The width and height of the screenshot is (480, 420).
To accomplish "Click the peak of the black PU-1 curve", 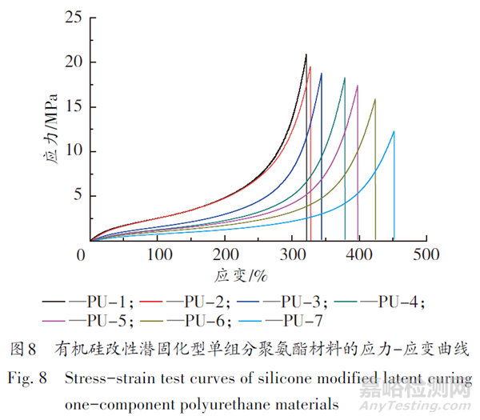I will pos(306,54).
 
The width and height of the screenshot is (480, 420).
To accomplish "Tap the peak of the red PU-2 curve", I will pos(310,67).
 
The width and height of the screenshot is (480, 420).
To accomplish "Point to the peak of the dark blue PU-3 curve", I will pos(321,74).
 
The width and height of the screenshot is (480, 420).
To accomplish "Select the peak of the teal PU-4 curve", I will pos(344,78).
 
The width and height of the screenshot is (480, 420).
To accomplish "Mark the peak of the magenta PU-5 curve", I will pos(357,86).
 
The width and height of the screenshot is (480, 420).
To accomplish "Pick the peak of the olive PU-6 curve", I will pos(374,99).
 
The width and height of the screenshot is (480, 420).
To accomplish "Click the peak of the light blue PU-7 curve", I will pos(394,131).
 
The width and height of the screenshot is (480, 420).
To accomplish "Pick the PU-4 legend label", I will pos(398,302).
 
